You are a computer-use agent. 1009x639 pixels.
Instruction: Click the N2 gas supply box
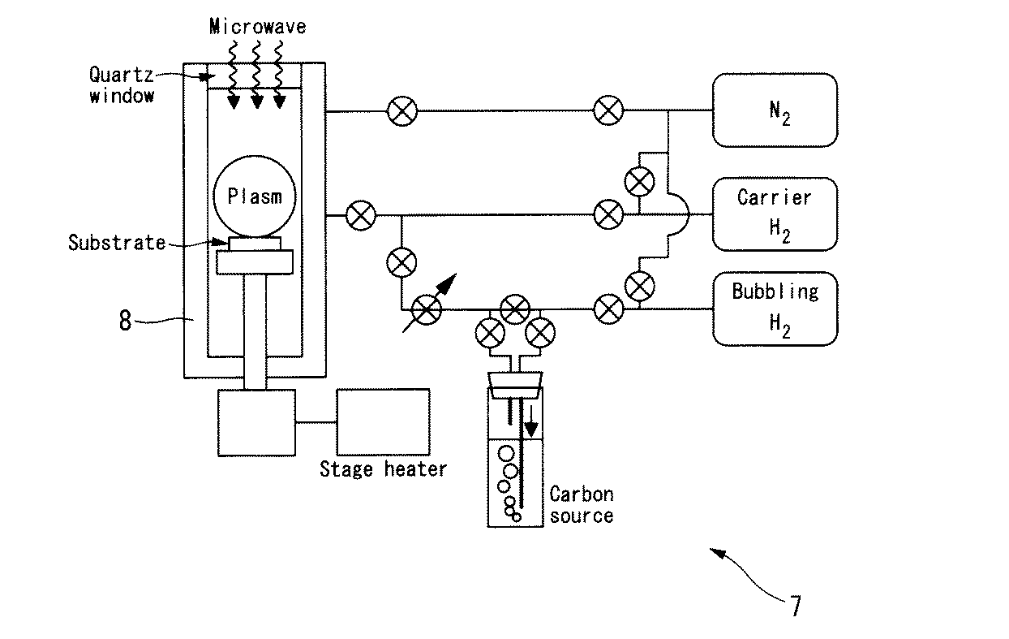tap(774, 110)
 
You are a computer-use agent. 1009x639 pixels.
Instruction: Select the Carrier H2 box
tap(774, 214)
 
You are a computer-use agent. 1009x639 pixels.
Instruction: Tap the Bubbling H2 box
tap(774, 309)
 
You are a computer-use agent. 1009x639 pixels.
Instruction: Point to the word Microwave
tap(257, 27)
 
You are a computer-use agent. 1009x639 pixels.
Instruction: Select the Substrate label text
tap(116, 242)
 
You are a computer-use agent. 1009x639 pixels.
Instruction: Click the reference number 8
tap(125, 320)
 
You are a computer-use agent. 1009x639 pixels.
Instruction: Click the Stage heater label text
tap(382, 468)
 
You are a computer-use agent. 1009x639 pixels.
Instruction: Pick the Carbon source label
tap(581, 504)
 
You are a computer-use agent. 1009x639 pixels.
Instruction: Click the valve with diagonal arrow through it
tap(427, 309)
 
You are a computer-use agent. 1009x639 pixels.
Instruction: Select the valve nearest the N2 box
tap(608, 110)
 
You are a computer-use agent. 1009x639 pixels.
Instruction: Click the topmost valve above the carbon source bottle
tap(514, 309)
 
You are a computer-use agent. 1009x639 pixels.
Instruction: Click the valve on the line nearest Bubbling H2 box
tap(608, 309)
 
